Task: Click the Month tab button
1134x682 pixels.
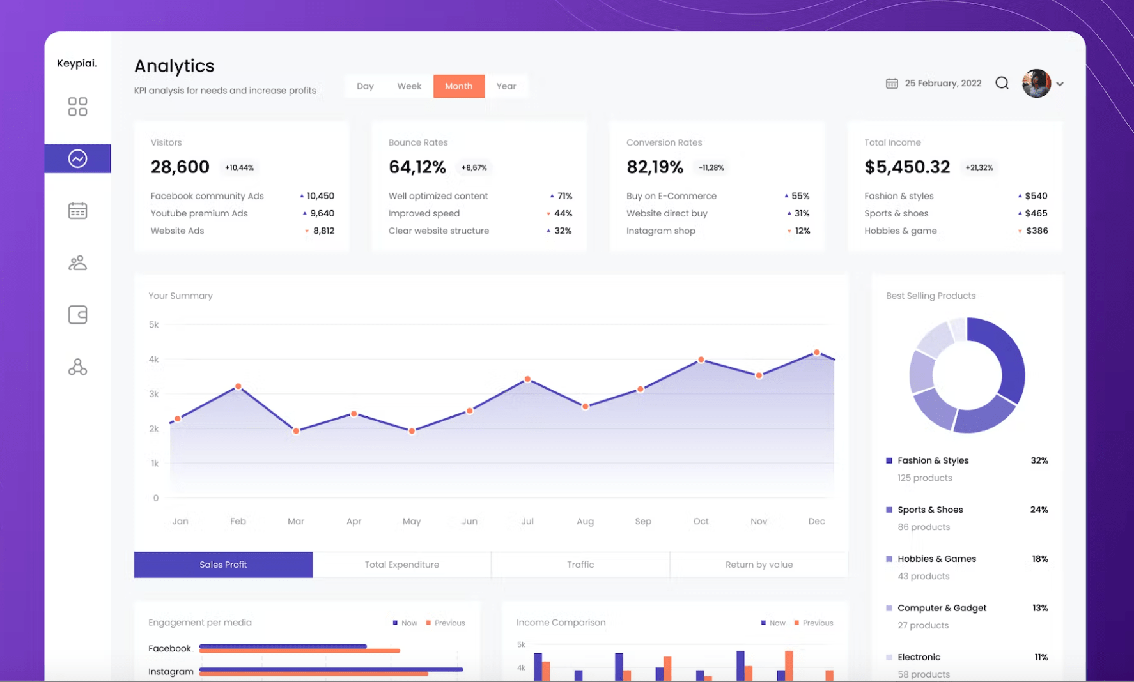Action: coord(458,86)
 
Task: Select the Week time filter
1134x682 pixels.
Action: coord(409,86)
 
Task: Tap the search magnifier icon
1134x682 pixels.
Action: coord(1002,83)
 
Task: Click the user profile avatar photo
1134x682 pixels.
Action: coord(1036,84)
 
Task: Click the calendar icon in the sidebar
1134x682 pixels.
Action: coord(77,211)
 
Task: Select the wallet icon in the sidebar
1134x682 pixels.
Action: coord(77,315)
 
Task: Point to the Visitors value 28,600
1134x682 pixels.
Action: coord(180,167)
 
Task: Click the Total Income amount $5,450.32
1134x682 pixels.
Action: coord(906,167)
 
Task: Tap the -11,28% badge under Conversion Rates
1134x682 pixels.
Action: coord(711,168)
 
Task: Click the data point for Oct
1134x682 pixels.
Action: coord(701,360)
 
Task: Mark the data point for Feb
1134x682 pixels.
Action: coord(238,386)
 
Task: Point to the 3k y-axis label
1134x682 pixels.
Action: coord(154,394)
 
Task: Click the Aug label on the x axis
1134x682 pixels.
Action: coord(585,521)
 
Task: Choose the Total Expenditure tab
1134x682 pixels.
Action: coord(401,565)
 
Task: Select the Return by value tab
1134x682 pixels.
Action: coord(759,565)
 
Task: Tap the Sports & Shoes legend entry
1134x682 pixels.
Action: coord(929,510)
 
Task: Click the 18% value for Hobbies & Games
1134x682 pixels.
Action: coord(1039,559)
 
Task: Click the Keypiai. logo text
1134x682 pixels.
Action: coord(77,63)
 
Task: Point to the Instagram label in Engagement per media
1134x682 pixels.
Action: coord(171,671)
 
